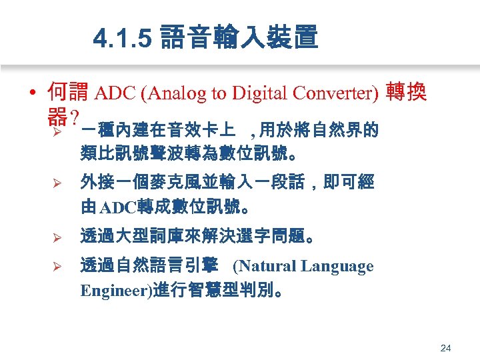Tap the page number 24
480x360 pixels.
click(x=446, y=348)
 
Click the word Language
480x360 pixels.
click(x=337, y=267)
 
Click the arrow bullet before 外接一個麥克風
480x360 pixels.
click(x=57, y=183)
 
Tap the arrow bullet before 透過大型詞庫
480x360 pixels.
click(x=57, y=237)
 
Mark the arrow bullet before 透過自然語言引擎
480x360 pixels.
click(x=57, y=267)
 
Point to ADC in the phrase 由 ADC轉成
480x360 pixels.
click(x=118, y=207)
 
